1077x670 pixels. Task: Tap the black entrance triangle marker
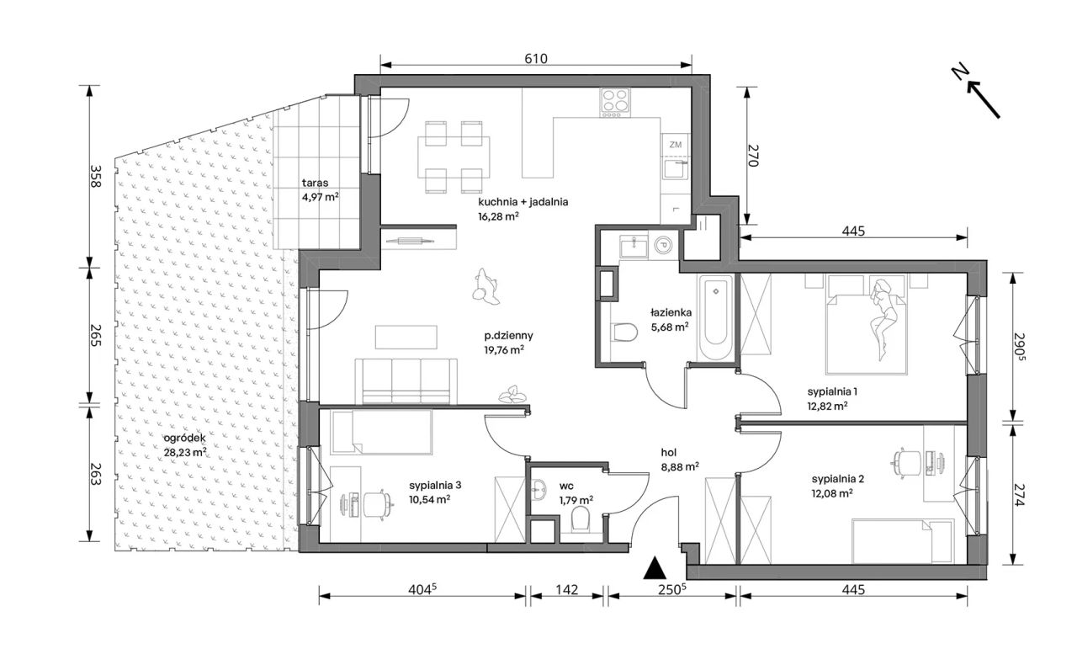click(x=655, y=567)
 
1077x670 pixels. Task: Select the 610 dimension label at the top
click(x=536, y=59)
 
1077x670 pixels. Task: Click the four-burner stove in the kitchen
click(x=614, y=103)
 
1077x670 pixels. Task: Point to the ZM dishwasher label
click(x=675, y=144)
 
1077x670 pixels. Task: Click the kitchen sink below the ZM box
click(x=676, y=169)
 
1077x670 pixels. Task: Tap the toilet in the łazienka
click(x=624, y=332)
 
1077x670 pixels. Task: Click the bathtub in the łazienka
click(x=715, y=317)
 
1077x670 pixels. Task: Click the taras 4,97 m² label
click(x=321, y=189)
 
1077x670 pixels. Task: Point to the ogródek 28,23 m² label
click(x=185, y=445)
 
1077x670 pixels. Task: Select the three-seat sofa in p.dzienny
click(x=406, y=381)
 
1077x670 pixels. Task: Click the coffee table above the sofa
click(x=406, y=337)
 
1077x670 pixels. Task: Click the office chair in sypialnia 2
click(x=905, y=463)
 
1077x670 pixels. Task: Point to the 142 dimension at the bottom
click(x=567, y=590)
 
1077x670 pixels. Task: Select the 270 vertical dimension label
click(x=753, y=156)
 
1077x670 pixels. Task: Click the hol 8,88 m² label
click(x=679, y=460)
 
